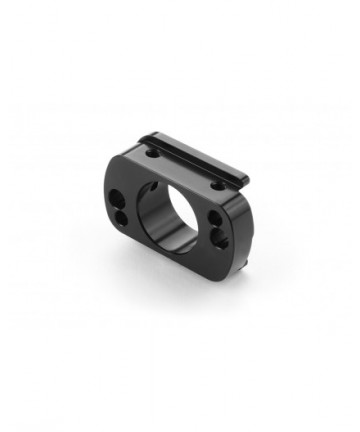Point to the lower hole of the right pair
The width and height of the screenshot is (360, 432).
click(x=219, y=237)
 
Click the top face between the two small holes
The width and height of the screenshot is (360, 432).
click(x=185, y=169)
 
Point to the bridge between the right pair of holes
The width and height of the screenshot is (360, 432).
click(x=218, y=229)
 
